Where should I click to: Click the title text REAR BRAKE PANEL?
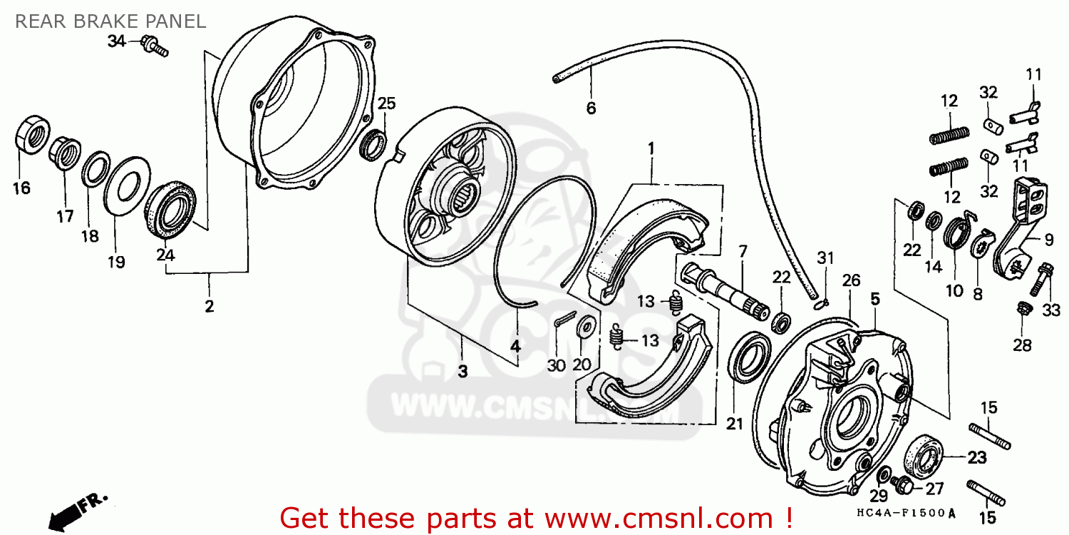click(x=110, y=21)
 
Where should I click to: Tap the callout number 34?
click(x=116, y=41)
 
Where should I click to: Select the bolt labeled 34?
click(x=155, y=47)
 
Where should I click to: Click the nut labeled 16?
click(x=32, y=134)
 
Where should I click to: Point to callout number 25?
click(x=386, y=103)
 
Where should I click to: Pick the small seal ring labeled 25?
click(x=373, y=145)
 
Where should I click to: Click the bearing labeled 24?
click(x=171, y=208)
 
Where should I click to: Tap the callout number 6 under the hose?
click(x=591, y=108)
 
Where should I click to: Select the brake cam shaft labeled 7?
click(x=725, y=290)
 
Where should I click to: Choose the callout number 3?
click(x=463, y=371)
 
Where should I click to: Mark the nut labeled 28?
click(x=1023, y=309)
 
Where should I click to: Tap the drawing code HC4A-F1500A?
click(x=906, y=514)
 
